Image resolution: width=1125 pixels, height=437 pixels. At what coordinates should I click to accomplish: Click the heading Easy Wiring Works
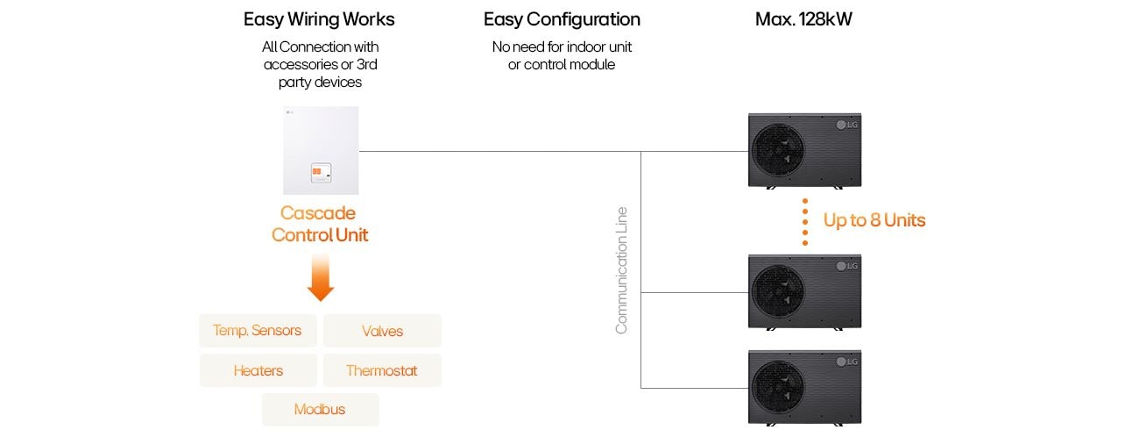click(319, 19)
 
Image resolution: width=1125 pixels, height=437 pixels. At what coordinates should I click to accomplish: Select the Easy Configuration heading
click(562, 19)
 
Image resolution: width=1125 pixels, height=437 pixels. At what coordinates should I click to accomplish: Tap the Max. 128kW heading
click(803, 19)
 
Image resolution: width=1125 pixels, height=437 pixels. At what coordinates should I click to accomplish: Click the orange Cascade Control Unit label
click(319, 224)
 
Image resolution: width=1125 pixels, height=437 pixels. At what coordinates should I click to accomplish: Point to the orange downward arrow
click(321, 278)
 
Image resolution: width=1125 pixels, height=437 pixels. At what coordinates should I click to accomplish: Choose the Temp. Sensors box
click(258, 331)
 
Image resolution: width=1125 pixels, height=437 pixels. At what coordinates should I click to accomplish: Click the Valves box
click(382, 331)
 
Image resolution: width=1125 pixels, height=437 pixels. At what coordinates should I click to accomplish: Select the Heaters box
click(258, 370)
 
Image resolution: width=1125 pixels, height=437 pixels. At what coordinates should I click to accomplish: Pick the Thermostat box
click(382, 370)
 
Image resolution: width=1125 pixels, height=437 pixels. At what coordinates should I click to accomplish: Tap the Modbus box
click(320, 410)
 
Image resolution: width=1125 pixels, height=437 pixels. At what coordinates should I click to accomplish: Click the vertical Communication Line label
click(621, 270)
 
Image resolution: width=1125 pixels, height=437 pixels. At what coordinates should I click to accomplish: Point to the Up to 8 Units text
click(874, 220)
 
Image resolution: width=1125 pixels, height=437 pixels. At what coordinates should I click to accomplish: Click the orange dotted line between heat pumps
click(804, 221)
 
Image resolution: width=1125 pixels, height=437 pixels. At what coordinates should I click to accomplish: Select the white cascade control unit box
click(321, 150)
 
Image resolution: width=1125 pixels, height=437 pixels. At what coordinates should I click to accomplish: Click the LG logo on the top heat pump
click(847, 125)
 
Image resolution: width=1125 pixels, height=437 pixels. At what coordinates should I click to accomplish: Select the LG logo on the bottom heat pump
click(847, 362)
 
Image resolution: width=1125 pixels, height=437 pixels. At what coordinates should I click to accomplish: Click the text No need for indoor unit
click(562, 47)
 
